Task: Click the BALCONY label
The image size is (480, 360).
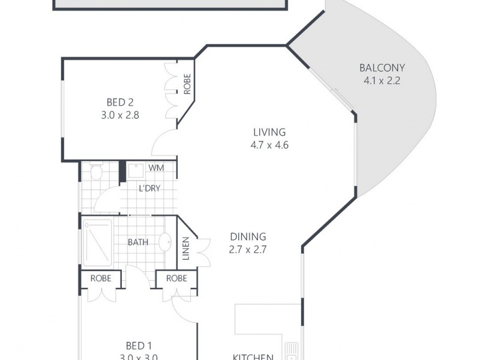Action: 382,68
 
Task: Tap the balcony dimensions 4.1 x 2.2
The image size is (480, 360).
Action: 382,80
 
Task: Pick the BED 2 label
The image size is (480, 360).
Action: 120,102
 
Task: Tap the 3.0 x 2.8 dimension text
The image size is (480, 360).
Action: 120,115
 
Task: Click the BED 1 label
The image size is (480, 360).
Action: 135,346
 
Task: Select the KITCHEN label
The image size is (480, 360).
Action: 253,356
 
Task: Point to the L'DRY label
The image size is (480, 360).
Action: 149,188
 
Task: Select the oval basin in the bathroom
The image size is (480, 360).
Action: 163,242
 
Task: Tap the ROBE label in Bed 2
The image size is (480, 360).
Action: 187,85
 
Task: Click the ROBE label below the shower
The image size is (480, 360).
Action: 101,278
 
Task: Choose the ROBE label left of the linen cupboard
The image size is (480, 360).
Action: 176,278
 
